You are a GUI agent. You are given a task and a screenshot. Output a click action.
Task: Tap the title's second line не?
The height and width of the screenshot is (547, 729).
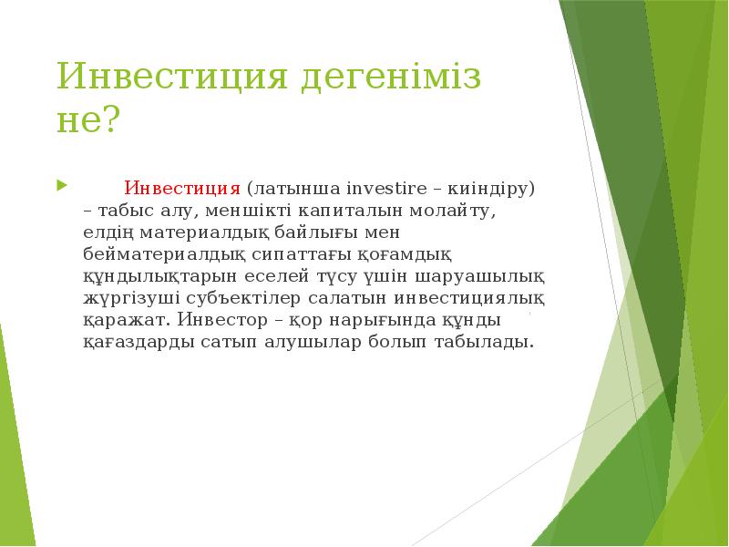click(88, 120)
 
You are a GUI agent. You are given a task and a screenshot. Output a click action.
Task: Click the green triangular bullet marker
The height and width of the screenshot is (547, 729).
click(61, 187)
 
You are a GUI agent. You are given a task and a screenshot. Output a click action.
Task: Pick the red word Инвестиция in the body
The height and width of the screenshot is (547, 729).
click(182, 189)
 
